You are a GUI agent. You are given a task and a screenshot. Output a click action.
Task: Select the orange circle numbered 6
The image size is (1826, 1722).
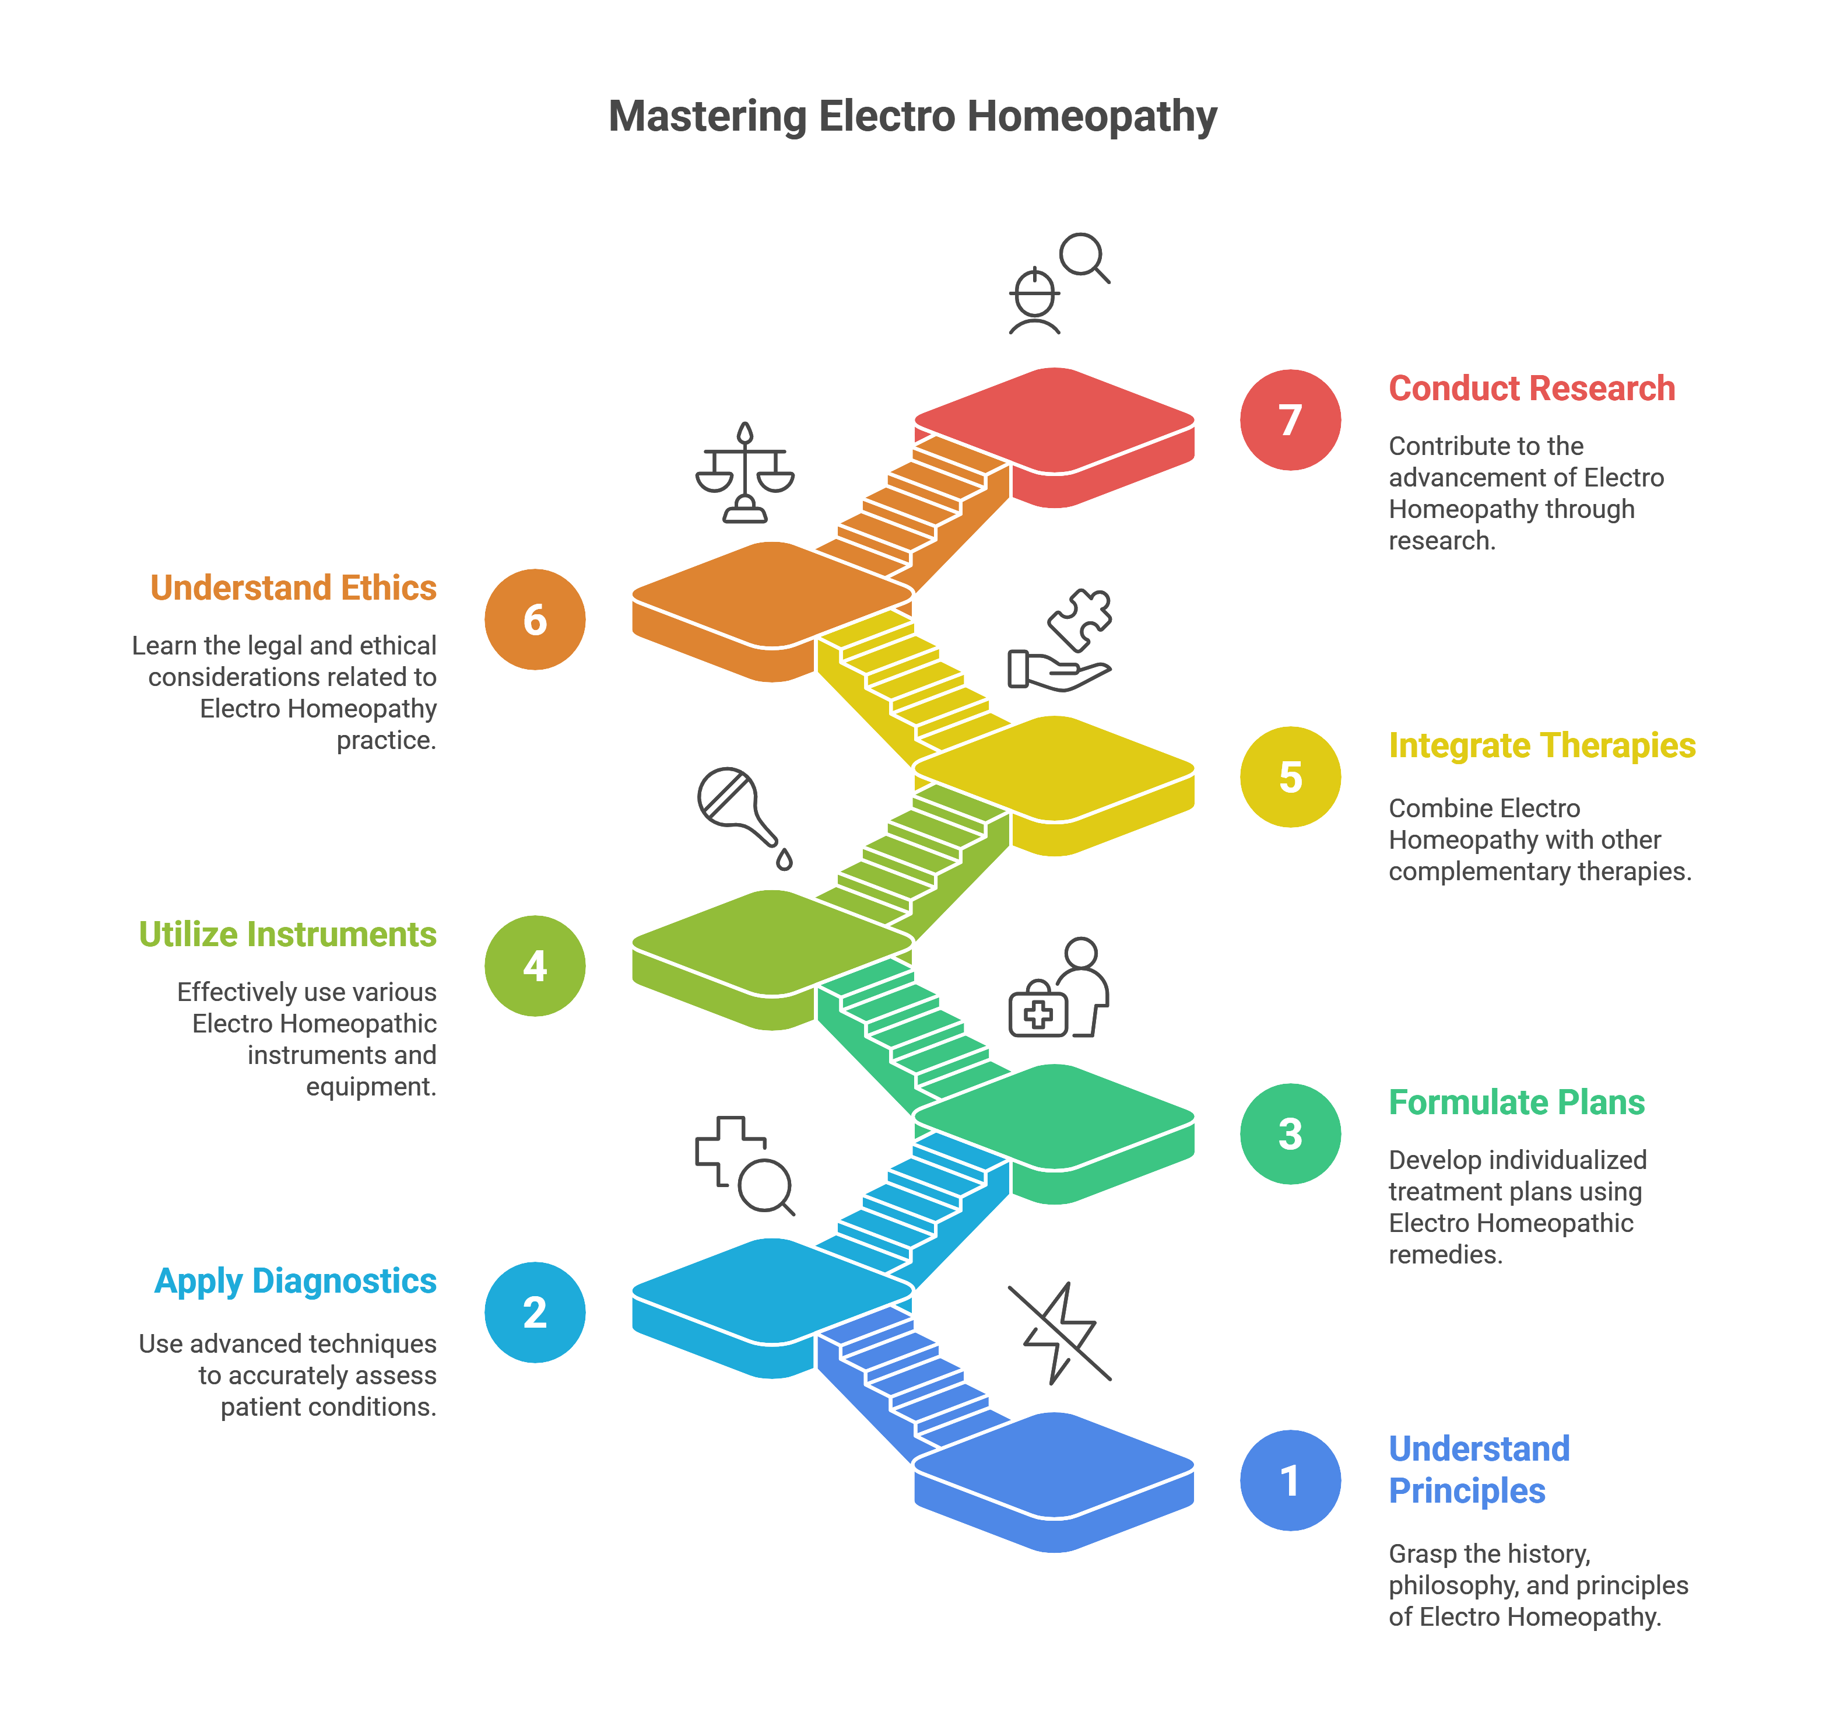pos(535,619)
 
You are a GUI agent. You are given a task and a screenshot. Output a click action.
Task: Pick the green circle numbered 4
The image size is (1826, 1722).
pos(535,966)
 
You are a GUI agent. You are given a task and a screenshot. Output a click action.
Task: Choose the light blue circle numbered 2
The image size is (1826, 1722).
pos(535,1312)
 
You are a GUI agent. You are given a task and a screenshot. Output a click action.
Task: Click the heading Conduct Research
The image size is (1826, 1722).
pos(1531,388)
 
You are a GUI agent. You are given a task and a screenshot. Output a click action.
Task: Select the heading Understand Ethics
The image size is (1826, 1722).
pos(293,588)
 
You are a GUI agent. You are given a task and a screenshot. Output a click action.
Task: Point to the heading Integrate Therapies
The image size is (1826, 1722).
pos(1541,745)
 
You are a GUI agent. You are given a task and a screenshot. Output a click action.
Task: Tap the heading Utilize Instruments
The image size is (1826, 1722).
pos(287,935)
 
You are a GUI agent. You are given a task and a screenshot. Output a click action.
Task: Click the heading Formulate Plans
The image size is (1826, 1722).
pos(1515,1102)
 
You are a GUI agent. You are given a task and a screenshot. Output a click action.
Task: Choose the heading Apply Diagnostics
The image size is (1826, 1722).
pos(295,1281)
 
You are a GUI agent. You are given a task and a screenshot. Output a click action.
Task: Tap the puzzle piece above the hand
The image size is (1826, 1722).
pos(1080,618)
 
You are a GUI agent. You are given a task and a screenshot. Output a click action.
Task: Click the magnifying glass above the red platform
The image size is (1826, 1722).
pos(1084,257)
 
